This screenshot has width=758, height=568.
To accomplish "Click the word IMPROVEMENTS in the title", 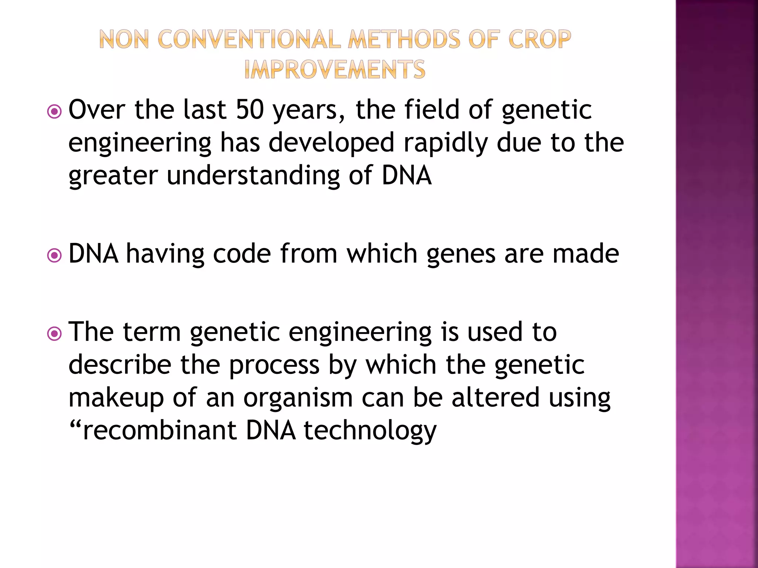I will pyautogui.click(x=335, y=70).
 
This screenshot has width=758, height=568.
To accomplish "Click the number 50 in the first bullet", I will pyautogui.click(x=250, y=110).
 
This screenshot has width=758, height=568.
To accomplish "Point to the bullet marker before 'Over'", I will pyautogui.click(x=55, y=111).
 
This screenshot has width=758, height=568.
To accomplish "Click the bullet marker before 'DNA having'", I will pyautogui.click(x=55, y=255).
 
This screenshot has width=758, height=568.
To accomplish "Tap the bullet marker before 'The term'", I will pyautogui.click(x=55, y=334).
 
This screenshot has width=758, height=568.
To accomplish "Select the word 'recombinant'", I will pyautogui.click(x=160, y=430).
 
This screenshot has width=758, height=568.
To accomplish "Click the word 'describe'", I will pyautogui.click(x=120, y=365).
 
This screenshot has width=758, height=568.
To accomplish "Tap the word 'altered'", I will pyautogui.click(x=495, y=398).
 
